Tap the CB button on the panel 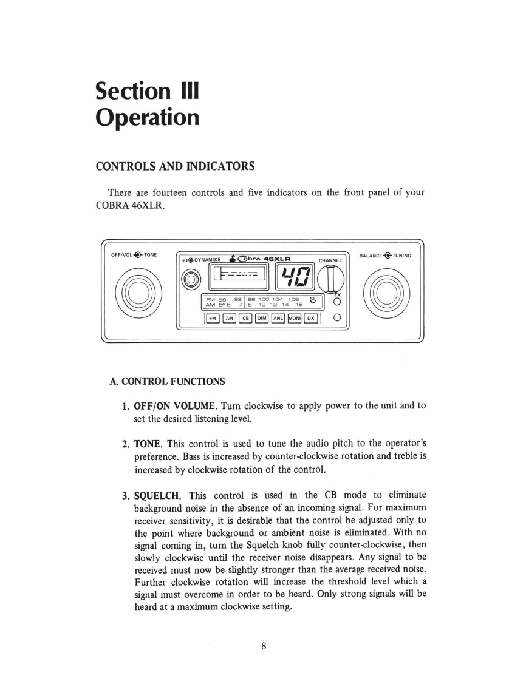tap(245, 317)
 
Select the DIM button tap(262, 317)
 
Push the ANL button tap(278, 317)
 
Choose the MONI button tap(295, 317)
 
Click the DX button tap(310, 317)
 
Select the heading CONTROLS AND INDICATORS tap(175, 166)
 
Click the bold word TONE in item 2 tap(148, 442)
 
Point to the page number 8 tap(264, 646)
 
